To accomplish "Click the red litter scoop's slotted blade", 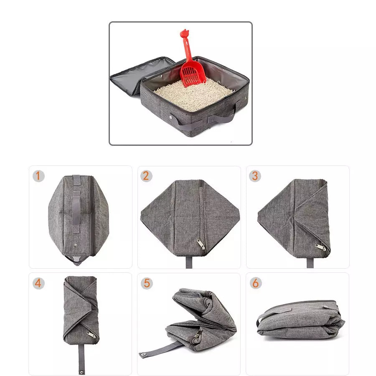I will tap(193, 74).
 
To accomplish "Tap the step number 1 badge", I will tap(38, 176).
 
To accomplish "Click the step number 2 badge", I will tap(146, 176).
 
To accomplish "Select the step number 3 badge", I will tap(255, 176).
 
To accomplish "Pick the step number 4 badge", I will tap(38, 283).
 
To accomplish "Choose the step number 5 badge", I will tap(146, 283).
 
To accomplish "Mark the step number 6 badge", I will tap(255, 283).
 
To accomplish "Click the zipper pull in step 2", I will tap(201, 244).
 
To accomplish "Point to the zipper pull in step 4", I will tap(91, 335).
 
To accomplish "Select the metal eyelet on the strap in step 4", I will tap(81, 370).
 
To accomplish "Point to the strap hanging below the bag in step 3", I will tap(310, 262).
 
